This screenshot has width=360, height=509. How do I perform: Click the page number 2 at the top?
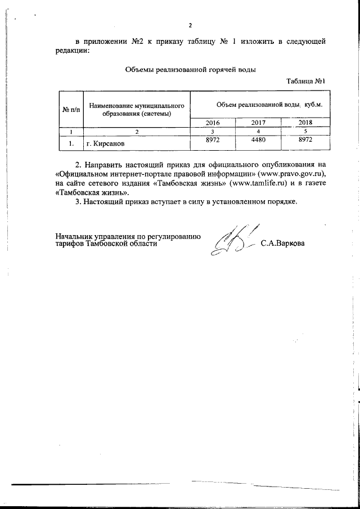point(190,26)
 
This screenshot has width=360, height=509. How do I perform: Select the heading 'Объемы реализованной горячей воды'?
point(190,70)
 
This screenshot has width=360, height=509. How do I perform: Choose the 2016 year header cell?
point(213,123)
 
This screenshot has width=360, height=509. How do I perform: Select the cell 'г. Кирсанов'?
point(105,144)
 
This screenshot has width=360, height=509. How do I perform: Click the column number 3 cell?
point(213,132)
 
